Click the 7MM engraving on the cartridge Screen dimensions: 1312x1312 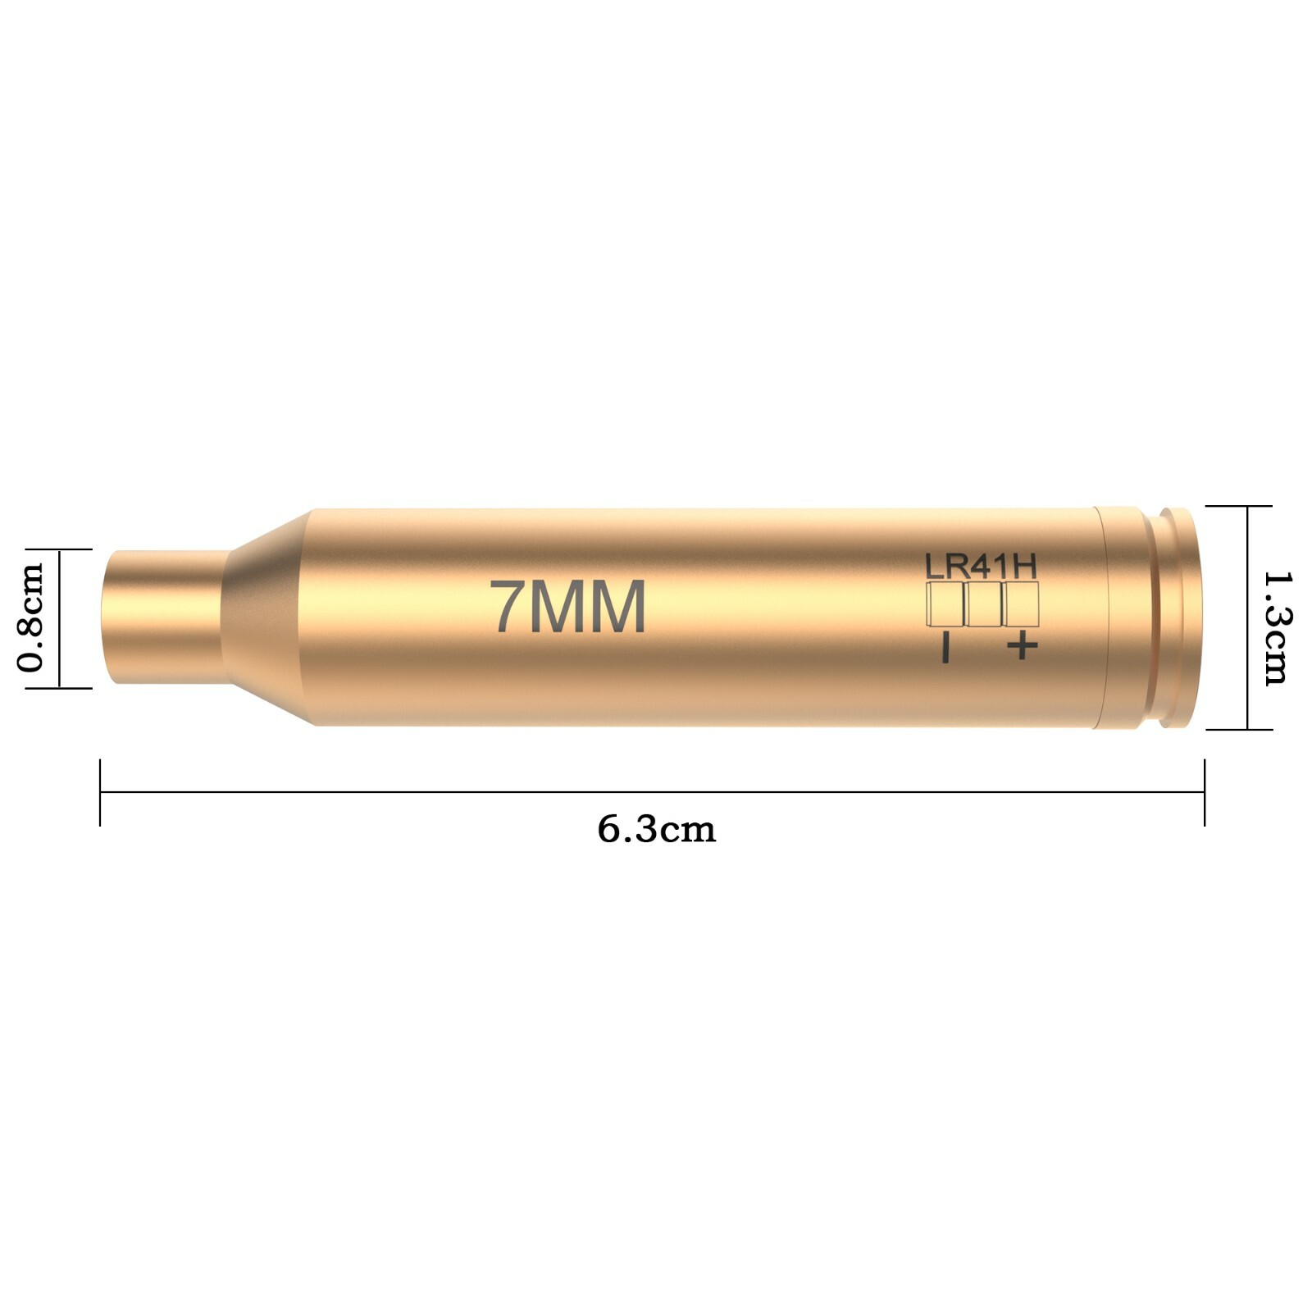click(567, 608)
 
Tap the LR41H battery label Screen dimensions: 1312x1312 click(981, 566)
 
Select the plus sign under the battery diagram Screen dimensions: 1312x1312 click(1022, 646)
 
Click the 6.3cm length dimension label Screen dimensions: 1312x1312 click(656, 830)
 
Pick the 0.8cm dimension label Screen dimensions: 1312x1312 click(30, 617)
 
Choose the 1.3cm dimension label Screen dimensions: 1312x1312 click(1276, 628)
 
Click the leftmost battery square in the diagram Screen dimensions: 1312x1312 click(945, 604)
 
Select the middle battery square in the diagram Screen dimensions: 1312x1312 click(983, 604)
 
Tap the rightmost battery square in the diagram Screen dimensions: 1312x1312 click(1021, 604)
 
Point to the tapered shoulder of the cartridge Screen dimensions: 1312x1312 click(266, 617)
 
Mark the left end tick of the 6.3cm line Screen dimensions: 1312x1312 click(100, 792)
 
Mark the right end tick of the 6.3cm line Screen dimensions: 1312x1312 click(1205, 792)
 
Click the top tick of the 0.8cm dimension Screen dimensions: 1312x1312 click(59, 549)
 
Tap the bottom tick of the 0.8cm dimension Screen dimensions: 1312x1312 click(59, 687)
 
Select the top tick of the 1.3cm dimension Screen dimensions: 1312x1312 click(1247, 507)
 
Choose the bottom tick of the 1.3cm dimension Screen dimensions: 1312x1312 click(1247, 729)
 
